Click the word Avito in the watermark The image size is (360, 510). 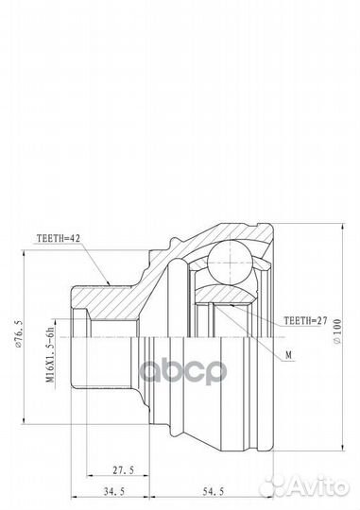pos(321,487)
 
